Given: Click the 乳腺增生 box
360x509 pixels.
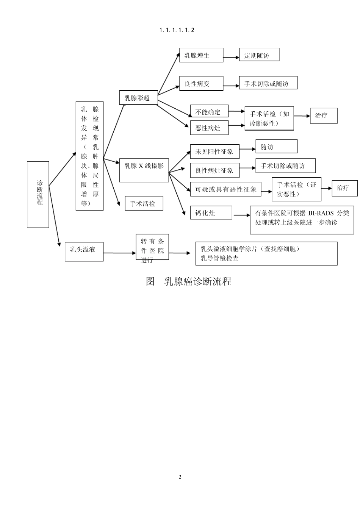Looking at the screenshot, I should point(201,55).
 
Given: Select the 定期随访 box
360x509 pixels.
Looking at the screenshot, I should point(259,55).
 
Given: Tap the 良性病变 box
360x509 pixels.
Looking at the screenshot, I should point(201,84).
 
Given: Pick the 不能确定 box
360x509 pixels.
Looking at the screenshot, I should point(209,112).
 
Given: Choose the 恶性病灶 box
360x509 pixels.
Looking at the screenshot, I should point(209,128).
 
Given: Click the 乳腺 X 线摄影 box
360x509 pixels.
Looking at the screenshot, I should point(144,170).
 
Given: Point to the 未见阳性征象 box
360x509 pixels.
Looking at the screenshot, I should point(214,151).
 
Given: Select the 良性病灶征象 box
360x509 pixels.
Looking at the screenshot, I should point(214,170).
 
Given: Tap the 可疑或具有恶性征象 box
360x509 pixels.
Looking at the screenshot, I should point(226,189).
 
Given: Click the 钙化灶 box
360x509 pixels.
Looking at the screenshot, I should point(211,213).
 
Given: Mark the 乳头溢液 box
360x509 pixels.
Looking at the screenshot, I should point(84,251).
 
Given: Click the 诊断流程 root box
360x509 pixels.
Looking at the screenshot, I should point(38,194).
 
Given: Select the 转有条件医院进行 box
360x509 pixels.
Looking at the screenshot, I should point(152,250).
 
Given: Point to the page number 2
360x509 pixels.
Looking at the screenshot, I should point(180,477).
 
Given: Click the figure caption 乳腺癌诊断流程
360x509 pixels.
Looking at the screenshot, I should point(197,282).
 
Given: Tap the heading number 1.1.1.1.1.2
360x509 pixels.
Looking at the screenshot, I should point(177,30).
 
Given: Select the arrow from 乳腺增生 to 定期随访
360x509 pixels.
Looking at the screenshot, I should point(231,58).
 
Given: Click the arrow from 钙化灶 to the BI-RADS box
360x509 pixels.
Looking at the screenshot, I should point(242,215).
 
